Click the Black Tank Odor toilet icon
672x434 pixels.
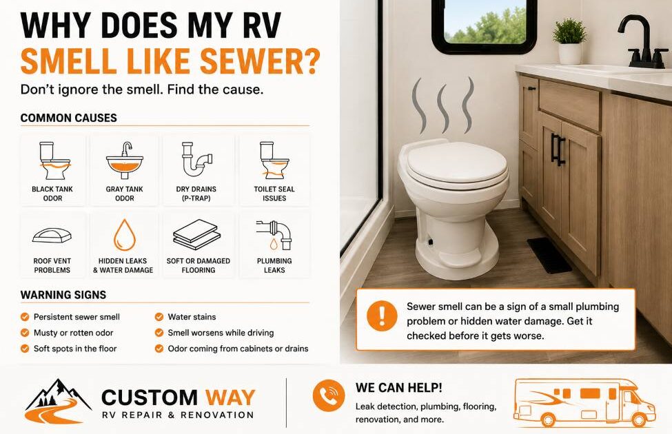pos(54,161)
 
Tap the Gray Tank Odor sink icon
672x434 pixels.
pos(125,161)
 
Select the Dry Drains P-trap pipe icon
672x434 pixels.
pos(196,159)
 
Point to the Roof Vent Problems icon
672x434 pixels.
pos(52,236)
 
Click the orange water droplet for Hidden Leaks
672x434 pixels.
pos(125,235)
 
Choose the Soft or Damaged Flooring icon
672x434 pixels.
pos(197,234)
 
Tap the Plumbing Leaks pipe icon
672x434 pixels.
pos(274,235)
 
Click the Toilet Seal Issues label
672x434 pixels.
pos(274,194)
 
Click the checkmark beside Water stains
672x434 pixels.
pos(159,317)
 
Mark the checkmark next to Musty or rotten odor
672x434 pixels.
pos(25,333)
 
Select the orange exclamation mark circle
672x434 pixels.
pos(382,316)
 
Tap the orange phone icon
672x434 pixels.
pos(329,395)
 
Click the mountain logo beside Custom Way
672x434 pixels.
pos(59,400)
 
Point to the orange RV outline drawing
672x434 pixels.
pos(584,403)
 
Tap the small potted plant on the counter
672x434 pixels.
pos(570,41)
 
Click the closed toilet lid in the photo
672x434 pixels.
pos(457,163)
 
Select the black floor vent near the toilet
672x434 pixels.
pos(549,256)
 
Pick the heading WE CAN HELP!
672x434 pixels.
pos(398,388)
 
